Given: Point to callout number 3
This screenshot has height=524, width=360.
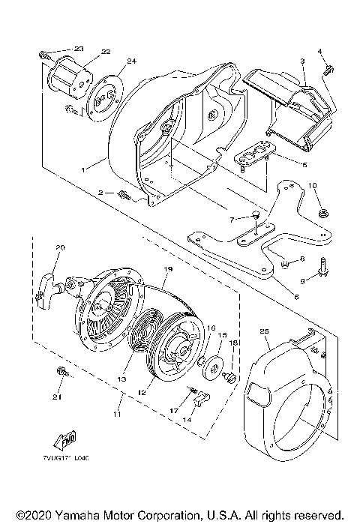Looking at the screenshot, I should point(302,60).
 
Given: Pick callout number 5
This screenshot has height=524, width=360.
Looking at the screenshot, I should point(304,165).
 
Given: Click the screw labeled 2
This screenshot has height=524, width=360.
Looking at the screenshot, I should point(124,196).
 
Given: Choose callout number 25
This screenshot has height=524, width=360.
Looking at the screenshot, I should point(263,331).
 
